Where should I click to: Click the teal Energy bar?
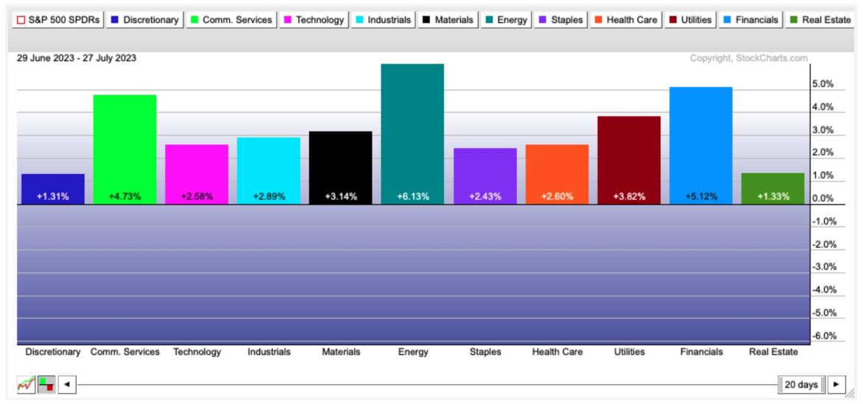[412, 133]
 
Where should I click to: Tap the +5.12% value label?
[701, 197]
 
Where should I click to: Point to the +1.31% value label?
[52, 197]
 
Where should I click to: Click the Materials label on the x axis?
[341, 352]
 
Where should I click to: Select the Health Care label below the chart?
[557, 352]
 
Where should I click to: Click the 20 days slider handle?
[800, 384]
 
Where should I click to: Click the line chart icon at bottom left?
[26, 384]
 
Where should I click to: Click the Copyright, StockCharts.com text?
[749, 58]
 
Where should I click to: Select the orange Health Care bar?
[557, 174]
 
